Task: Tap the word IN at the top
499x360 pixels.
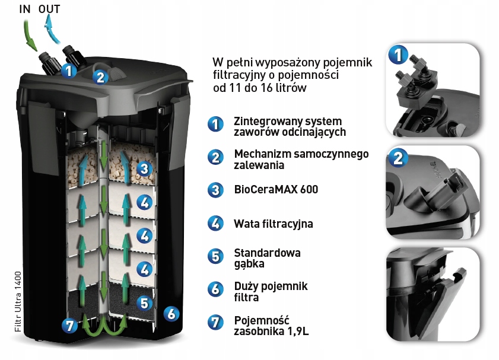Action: click(25, 9)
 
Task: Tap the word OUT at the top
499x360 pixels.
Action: click(50, 9)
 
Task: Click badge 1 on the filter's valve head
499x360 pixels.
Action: click(69, 71)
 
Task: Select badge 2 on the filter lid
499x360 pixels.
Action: click(100, 77)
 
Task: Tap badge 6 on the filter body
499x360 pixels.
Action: click(171, 314)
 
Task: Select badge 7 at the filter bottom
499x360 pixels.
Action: click(70, 325)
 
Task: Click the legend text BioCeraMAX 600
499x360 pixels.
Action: click(276, 190)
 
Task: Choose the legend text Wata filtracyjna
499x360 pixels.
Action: click(273, 224)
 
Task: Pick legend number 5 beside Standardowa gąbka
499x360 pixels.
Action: click(215, 257)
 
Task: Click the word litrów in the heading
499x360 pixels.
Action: click(290, 88)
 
